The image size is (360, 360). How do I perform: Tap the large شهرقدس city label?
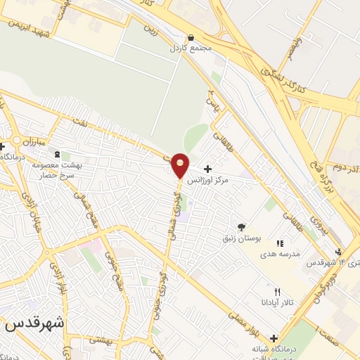click(x=34, y=324)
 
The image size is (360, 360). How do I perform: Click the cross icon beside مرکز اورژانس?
click(x=207, y=169)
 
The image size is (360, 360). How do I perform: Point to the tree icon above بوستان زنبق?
click(x=242, y=226)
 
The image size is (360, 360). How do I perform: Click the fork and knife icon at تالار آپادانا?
click(x=277, y=292)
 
